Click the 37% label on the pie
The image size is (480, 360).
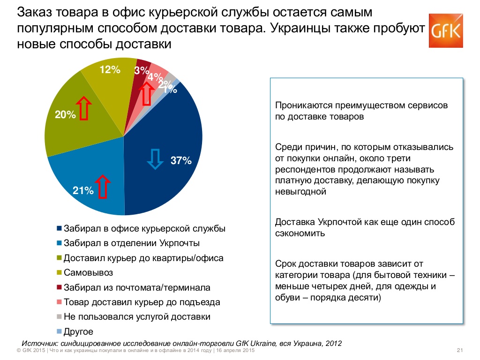[x=181, y=161]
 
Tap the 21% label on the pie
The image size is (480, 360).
[x=83, y=190]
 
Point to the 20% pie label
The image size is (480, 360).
[x=65, y=114]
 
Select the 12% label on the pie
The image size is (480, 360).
[x=110, y=70]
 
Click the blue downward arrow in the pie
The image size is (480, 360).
[x=154, y=158]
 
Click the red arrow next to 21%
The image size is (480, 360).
[x=103, y=185]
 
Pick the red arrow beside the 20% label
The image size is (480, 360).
[x=83, y=108]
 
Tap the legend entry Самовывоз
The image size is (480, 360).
[x=88, y=273]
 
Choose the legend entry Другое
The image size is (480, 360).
[x=78, y=331]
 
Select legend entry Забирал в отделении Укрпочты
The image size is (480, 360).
[x=131, y=243]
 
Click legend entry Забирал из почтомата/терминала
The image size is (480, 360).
[x=136, y=287]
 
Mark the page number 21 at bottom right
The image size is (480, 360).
[x=459, y=351]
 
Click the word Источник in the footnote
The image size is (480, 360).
[x=40, y=343]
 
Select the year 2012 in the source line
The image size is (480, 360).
[x=332, y=343]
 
